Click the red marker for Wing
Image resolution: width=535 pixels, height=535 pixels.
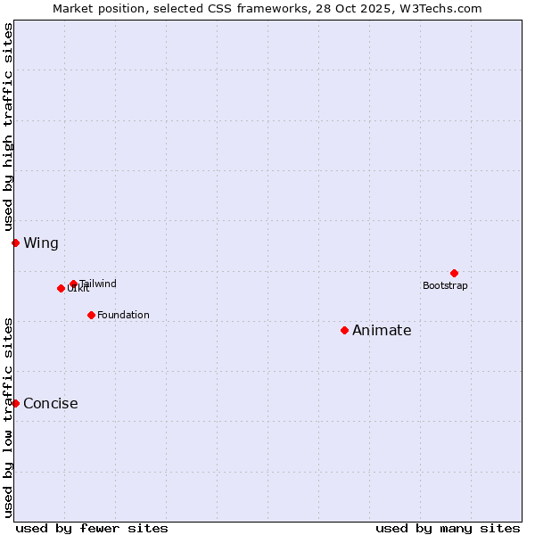tap(15, 243)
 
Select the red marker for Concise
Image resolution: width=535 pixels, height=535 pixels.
tap(15, 403)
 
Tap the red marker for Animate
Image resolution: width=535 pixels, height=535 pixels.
tap(344, 330)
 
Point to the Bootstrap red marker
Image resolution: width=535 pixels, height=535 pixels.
tap(454, 273)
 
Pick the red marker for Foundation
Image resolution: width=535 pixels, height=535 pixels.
tap(91, 315)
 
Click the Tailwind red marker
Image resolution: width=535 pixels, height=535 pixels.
tap(73, 284)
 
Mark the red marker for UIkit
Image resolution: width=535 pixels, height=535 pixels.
tap(61, 288)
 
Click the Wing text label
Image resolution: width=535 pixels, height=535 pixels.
tap(41, 243)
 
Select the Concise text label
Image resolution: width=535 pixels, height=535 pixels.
tap(51, 403)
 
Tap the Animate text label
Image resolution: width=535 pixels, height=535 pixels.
tap(382, 330)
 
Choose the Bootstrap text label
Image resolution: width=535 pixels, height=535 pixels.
tap(445, 285)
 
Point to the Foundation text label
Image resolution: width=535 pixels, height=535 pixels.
tap(123, 315)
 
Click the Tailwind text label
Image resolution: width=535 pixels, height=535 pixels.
tap(97, 284)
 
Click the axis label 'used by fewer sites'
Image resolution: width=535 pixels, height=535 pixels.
tap(92, 528)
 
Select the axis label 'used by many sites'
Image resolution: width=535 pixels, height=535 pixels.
tap(448, 528)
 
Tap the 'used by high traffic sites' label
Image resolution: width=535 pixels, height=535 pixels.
tap(8, 127)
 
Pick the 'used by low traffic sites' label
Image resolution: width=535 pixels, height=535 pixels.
tap(8, 417)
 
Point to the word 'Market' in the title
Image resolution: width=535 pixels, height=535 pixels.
tap(74, 8)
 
